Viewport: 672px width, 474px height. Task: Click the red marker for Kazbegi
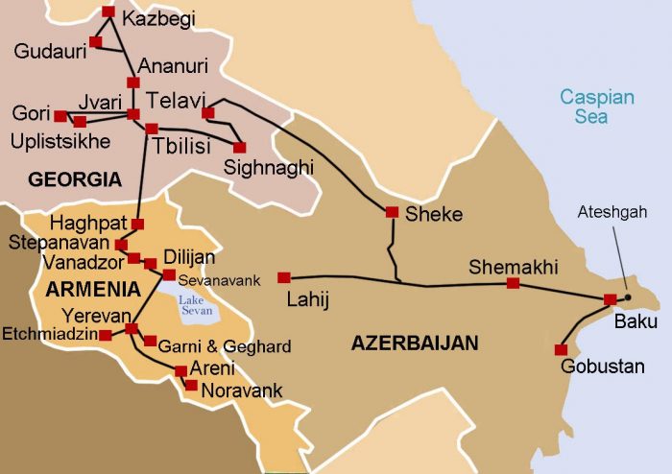click(108, 12)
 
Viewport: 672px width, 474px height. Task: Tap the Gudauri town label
click(50, 51)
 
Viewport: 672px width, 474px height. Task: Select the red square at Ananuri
click(132, 83)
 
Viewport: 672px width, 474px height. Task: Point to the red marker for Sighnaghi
click(239, 148)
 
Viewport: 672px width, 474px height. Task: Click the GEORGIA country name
click(75, 179)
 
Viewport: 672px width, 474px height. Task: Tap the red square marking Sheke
click(392, 212)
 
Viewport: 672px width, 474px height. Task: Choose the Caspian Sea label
click(597, 107)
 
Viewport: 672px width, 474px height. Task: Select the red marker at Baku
click(610, 299)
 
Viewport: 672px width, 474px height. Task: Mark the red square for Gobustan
click(561, 349)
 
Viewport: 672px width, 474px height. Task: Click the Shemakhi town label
click(513, 268)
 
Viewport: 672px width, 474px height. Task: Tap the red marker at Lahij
click(283, 278)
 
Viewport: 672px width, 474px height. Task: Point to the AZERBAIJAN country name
click(414, 343)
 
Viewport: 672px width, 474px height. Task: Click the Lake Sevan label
click(197, 305)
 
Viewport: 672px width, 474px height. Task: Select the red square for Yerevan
click(132, 329)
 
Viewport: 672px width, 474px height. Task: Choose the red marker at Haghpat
click(137, 224)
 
